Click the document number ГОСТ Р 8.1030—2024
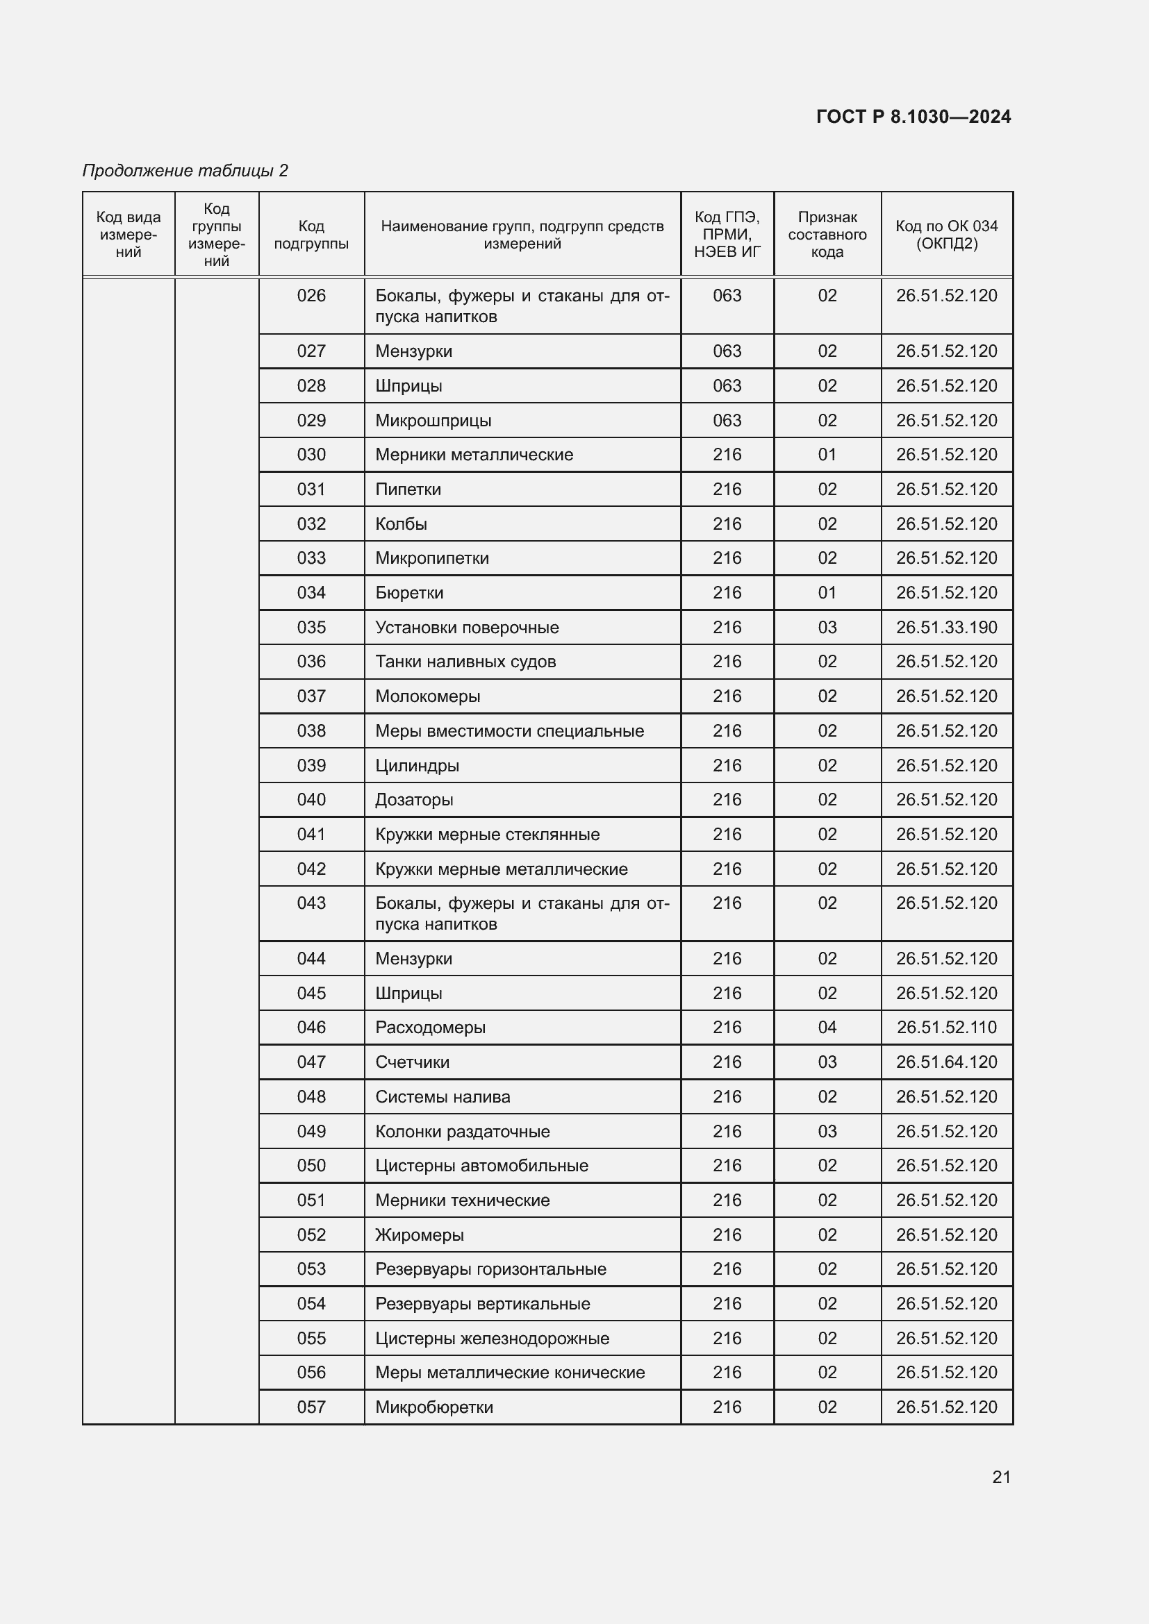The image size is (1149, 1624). tap(913, 117)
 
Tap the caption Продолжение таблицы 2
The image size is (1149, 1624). tap(185, 171)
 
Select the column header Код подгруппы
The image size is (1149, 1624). tap(311, 235)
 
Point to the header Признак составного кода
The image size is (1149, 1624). tap(827, 235)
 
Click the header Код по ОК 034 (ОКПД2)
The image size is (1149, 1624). tap(946, 235)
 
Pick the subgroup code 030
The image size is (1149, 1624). tap(311, 455)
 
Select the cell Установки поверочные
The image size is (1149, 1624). tap(467, 628)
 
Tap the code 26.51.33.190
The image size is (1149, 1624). tap(946, 628)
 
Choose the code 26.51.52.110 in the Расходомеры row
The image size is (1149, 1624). tap(946, 1027)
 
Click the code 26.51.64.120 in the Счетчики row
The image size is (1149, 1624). tap(946, 1062)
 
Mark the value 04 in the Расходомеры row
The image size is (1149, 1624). tap(827, 1027)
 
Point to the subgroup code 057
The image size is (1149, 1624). tap(311, 1407)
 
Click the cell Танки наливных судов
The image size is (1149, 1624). tap(465, 662)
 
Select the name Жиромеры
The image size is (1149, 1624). tap(420, 1235)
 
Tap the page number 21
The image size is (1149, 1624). tap(1001, 1477)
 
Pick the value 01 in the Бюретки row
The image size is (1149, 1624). tap(827, 593)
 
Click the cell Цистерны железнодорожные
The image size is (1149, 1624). tap(492, 1338)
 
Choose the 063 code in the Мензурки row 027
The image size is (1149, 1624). tap(727, 351)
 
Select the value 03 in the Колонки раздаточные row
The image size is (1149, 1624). tap(827, 1131)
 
